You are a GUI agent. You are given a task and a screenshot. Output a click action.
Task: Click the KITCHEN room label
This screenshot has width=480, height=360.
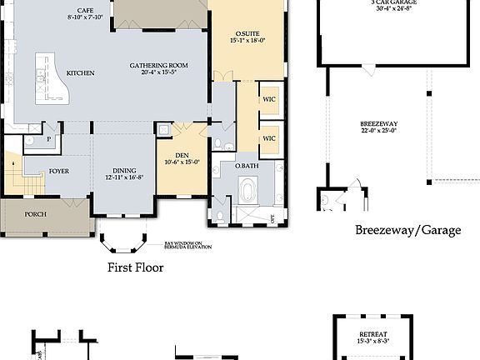pyautogui.click(x=81, y=73)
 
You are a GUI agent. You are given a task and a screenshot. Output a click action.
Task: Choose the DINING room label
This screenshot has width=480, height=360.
pyautogui.click(x=123, y=172)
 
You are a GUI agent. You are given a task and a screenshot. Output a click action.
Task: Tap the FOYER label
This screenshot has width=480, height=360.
pyautogui.click(x=59, y=171)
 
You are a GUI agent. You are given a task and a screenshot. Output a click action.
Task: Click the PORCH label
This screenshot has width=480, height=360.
pyautogui.click(x=35, y=214)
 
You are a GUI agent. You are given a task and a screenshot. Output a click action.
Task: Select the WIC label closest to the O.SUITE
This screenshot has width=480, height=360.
pyautogui.click(x=269, y=99)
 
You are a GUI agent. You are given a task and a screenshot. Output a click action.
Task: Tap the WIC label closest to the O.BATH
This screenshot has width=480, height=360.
pyautogui.click(x=269, y=138)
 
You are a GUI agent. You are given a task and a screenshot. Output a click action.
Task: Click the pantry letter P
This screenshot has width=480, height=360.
pyautogui.click(x=49, y=138)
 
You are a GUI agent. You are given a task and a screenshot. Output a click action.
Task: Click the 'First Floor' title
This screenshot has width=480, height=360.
pyautogui.click(x=135, y=267)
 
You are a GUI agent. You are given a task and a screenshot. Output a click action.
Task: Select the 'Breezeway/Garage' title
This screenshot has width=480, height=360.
pyautogui.click(x=407, y=230)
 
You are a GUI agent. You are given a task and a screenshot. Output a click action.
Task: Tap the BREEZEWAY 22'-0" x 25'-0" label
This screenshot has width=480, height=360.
pyautogui.click(x=377, y=127)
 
